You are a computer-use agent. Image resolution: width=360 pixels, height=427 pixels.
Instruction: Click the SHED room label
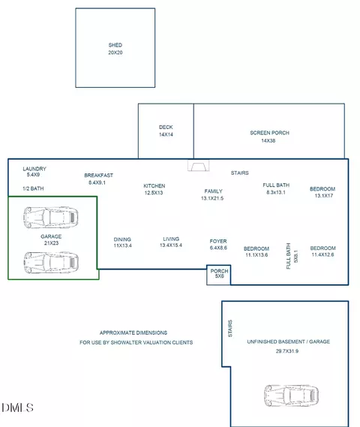115,45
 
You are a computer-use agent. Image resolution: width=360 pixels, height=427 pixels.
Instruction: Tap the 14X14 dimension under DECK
166,134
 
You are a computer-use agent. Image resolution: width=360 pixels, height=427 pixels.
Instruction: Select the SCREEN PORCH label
269,133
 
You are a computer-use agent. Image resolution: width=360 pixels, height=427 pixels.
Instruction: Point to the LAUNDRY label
34,169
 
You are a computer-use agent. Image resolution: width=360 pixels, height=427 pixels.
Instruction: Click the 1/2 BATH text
33,188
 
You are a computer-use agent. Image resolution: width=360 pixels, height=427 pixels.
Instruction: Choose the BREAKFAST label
98,176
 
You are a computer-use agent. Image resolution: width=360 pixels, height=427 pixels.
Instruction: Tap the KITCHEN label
154,186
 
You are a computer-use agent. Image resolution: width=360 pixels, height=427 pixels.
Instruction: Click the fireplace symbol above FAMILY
198,165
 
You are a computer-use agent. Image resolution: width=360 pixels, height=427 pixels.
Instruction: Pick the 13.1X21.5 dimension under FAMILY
212,198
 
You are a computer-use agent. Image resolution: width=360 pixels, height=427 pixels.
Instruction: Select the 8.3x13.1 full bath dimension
276,192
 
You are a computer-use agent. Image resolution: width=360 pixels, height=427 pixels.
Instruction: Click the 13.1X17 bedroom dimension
324,196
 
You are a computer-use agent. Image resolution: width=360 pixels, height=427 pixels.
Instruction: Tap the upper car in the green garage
51,218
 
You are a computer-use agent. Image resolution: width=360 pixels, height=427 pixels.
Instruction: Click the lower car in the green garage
51,262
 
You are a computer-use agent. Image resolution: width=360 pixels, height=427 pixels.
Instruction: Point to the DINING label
122,239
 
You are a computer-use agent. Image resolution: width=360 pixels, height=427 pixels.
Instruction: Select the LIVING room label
171,239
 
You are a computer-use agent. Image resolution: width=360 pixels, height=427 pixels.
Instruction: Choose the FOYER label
218,242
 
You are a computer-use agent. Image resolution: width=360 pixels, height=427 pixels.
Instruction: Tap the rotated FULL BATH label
289,256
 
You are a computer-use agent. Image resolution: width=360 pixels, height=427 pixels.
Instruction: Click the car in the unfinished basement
292,395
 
